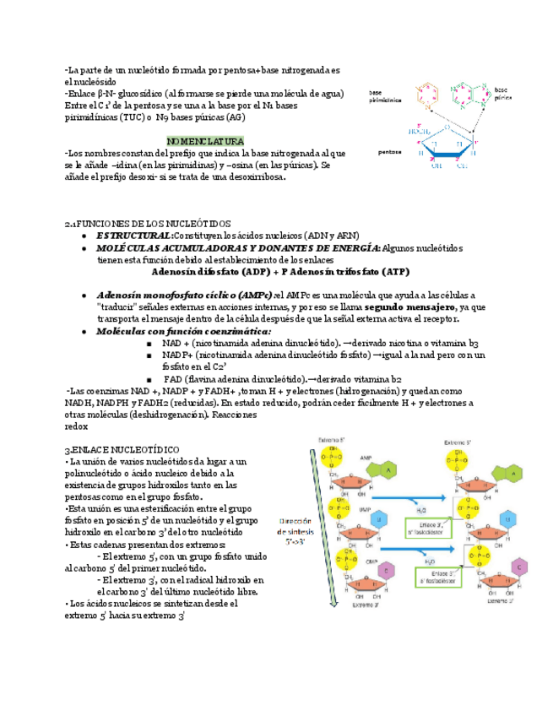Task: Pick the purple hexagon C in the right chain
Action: (519, 567)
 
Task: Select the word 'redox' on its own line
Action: (76, 427)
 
